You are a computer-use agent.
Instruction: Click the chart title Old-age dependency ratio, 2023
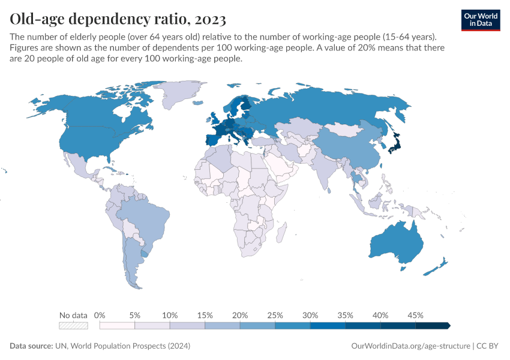118,19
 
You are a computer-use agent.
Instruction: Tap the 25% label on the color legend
275,315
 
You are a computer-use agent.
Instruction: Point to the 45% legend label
415,315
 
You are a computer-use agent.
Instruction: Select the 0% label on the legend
100,315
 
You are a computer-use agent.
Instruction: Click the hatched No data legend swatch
73,326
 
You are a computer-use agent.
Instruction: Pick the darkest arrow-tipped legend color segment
433,326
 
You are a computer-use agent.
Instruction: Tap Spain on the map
214,140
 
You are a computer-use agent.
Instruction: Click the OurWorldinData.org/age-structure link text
410,346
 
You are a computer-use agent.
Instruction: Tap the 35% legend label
345,315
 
